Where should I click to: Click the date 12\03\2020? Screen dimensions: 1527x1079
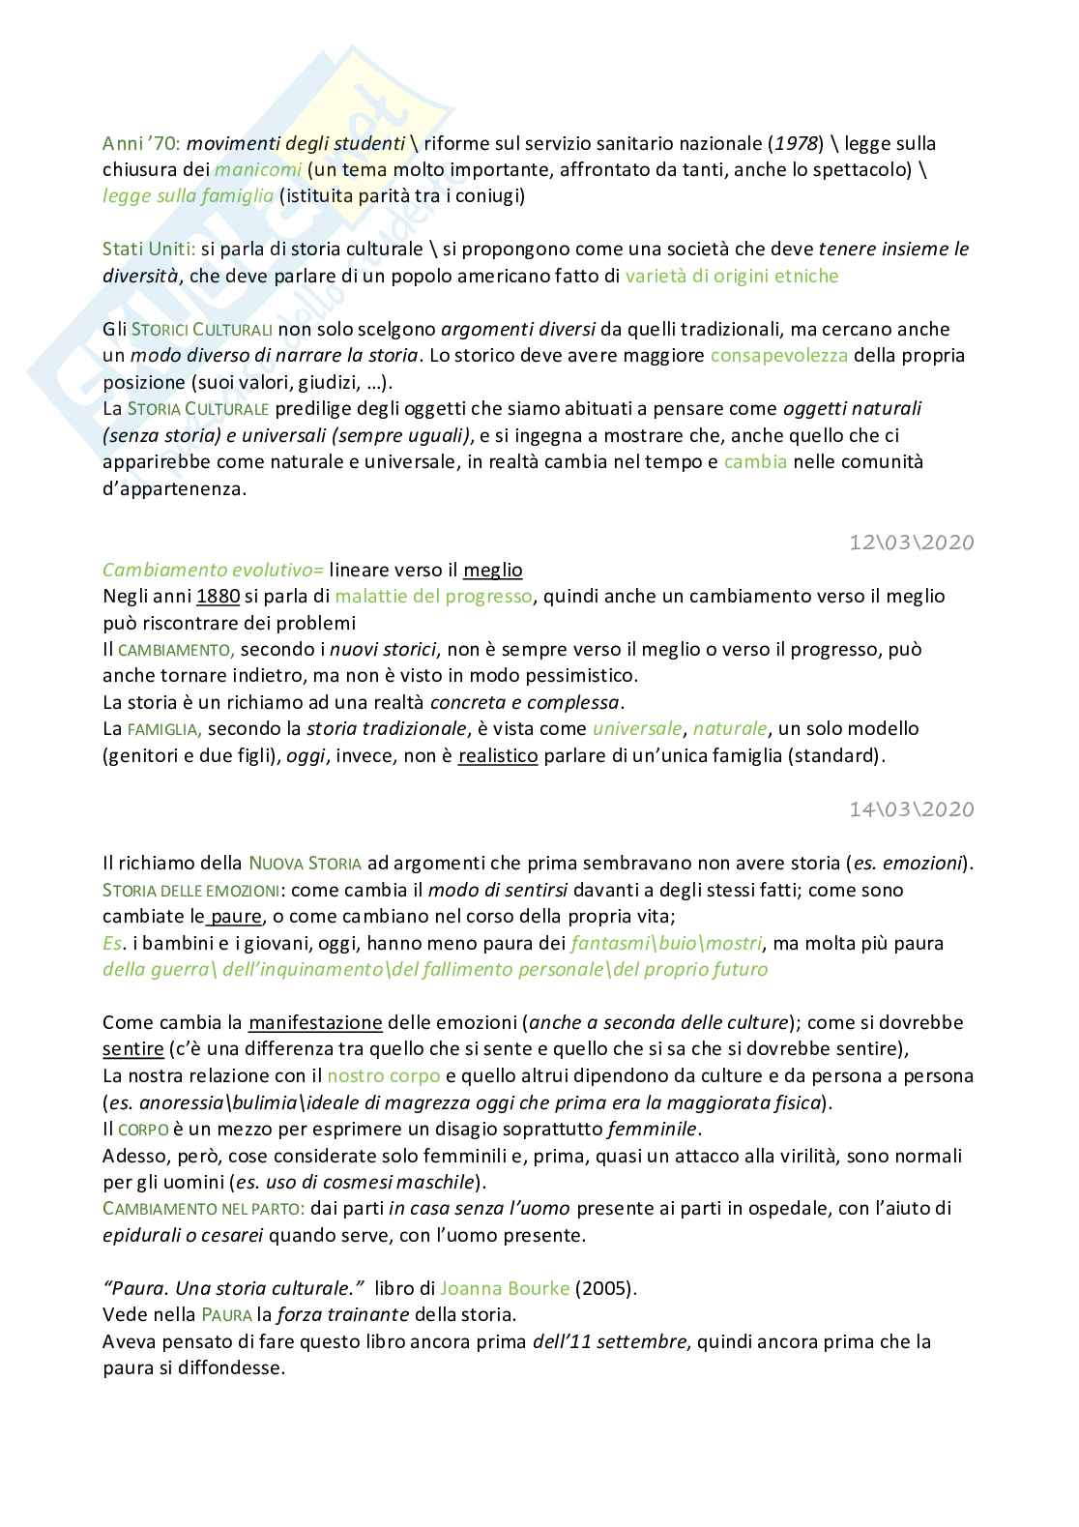911,543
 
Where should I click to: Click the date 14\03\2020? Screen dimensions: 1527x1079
911,808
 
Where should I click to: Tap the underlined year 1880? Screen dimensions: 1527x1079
218,596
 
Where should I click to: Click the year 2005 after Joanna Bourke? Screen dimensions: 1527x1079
606,1288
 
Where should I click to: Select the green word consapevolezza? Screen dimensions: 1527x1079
778,355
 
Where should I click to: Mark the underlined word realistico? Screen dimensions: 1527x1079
497,755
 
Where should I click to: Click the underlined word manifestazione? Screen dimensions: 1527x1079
315,1022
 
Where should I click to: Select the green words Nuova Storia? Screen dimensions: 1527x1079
305,863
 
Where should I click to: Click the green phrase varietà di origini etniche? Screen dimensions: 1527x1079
732,276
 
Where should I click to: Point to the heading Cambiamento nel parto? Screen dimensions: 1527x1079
203,1209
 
